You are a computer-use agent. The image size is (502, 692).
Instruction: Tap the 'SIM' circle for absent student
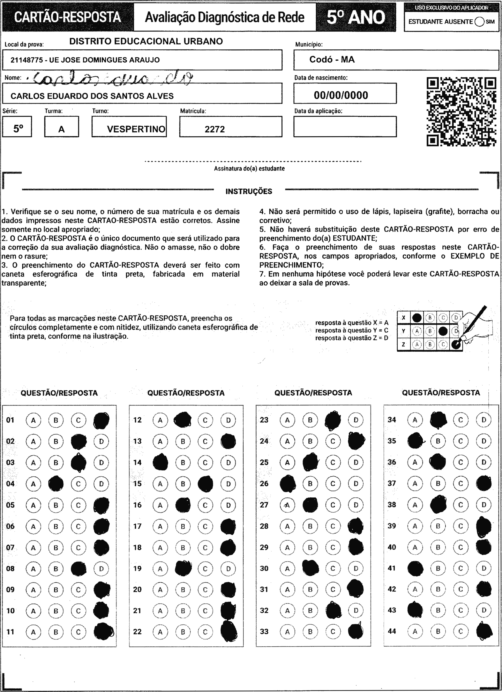point(479,22)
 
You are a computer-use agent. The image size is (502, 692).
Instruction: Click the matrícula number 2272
point(215,129)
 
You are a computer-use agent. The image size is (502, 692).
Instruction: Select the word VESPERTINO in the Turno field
point(136,129)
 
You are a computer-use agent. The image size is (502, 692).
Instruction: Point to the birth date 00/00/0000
point(341,95)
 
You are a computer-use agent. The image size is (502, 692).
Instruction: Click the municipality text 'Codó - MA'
point(332,59)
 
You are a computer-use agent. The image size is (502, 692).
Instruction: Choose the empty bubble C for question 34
point(460,420)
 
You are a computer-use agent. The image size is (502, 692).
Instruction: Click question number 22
point(137,632)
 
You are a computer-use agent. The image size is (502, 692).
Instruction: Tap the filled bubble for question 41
point(415,568)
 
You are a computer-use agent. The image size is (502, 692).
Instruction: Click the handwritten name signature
point(113,79)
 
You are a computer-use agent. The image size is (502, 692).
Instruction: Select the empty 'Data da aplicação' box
point(345,127)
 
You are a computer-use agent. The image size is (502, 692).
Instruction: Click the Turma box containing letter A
point(61,127)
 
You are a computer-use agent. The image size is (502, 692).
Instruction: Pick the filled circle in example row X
point(417,318)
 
